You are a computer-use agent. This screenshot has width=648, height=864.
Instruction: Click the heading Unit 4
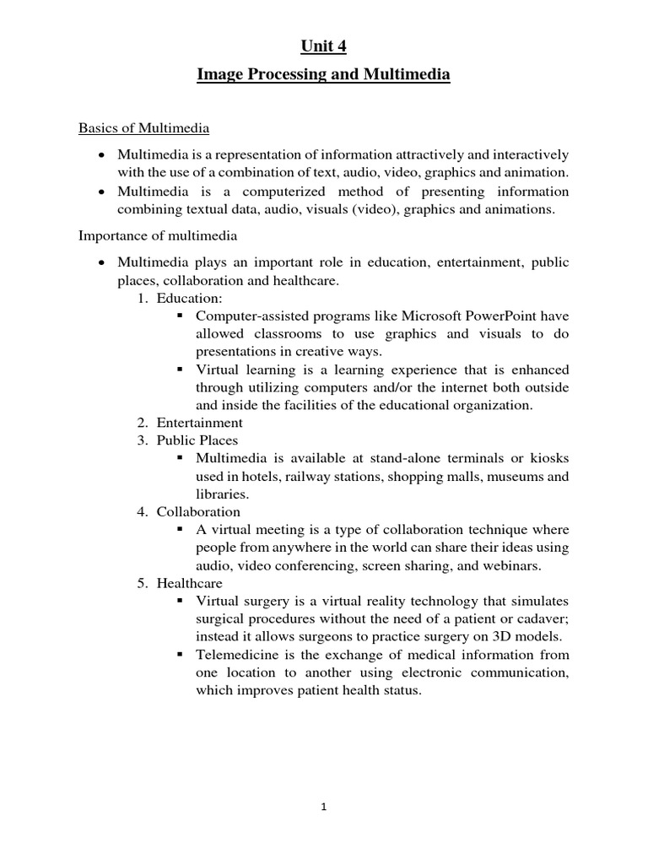click(x=323, y=46)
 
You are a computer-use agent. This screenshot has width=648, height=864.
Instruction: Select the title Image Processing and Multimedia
click(x=323, y=75)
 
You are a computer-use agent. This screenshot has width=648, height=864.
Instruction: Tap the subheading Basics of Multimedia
click(x=143, y=128)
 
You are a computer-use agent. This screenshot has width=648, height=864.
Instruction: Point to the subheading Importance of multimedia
click(x=158, y=235)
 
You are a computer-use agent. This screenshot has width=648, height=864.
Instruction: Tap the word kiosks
click(x=549, y=457)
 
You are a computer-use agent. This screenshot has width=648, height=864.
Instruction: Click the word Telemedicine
click(x=242, y=655)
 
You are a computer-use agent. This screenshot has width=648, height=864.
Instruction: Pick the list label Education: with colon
click(x=188, y=298)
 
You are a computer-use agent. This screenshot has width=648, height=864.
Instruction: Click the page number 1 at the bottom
click(x=323, y=807)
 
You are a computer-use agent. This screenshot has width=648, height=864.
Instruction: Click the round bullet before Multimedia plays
click(x=101, y=262)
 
